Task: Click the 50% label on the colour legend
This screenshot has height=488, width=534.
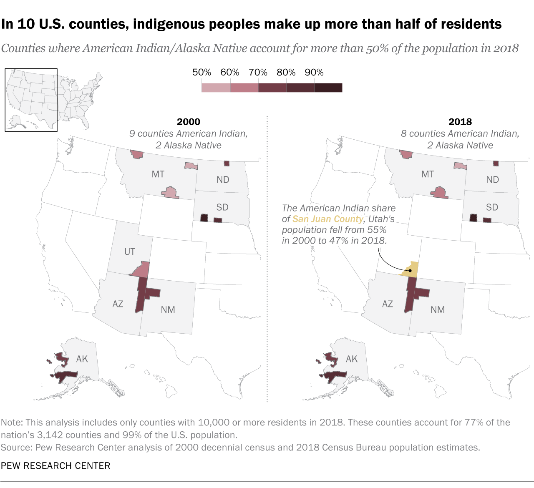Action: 202,73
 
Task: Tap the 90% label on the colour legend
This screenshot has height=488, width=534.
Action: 314,73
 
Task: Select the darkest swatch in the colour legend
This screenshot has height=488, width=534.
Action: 328,88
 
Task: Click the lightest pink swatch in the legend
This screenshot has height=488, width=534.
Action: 216,88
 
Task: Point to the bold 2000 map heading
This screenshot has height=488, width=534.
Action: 189,122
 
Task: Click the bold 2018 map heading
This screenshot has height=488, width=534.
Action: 460,122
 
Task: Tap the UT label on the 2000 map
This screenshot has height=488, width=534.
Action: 130,252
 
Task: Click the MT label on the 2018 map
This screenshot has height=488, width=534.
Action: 428,174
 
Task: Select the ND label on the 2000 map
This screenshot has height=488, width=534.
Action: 223,180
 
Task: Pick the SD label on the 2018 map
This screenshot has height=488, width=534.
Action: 492,207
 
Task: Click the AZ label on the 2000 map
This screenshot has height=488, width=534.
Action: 118,304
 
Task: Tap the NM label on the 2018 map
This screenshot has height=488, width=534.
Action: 438,309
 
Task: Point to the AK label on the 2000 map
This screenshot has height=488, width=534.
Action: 82,359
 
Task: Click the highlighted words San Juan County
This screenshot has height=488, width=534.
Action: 327,219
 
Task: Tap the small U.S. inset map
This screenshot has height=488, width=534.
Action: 31,100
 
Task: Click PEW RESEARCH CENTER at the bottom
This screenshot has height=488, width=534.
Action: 55,465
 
